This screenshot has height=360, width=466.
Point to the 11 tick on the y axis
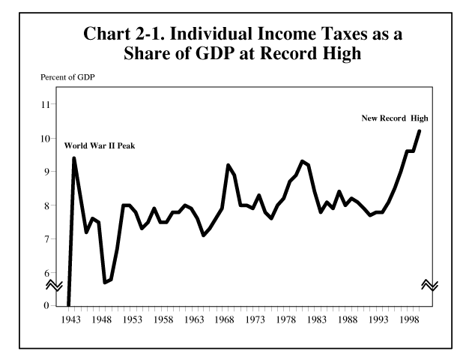pos(46,104)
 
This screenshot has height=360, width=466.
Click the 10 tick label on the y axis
pos(46,138)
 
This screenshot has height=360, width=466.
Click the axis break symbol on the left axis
pos(55,285)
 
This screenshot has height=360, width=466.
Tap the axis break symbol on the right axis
pos(430,285)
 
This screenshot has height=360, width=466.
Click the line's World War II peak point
pos(74,157)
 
